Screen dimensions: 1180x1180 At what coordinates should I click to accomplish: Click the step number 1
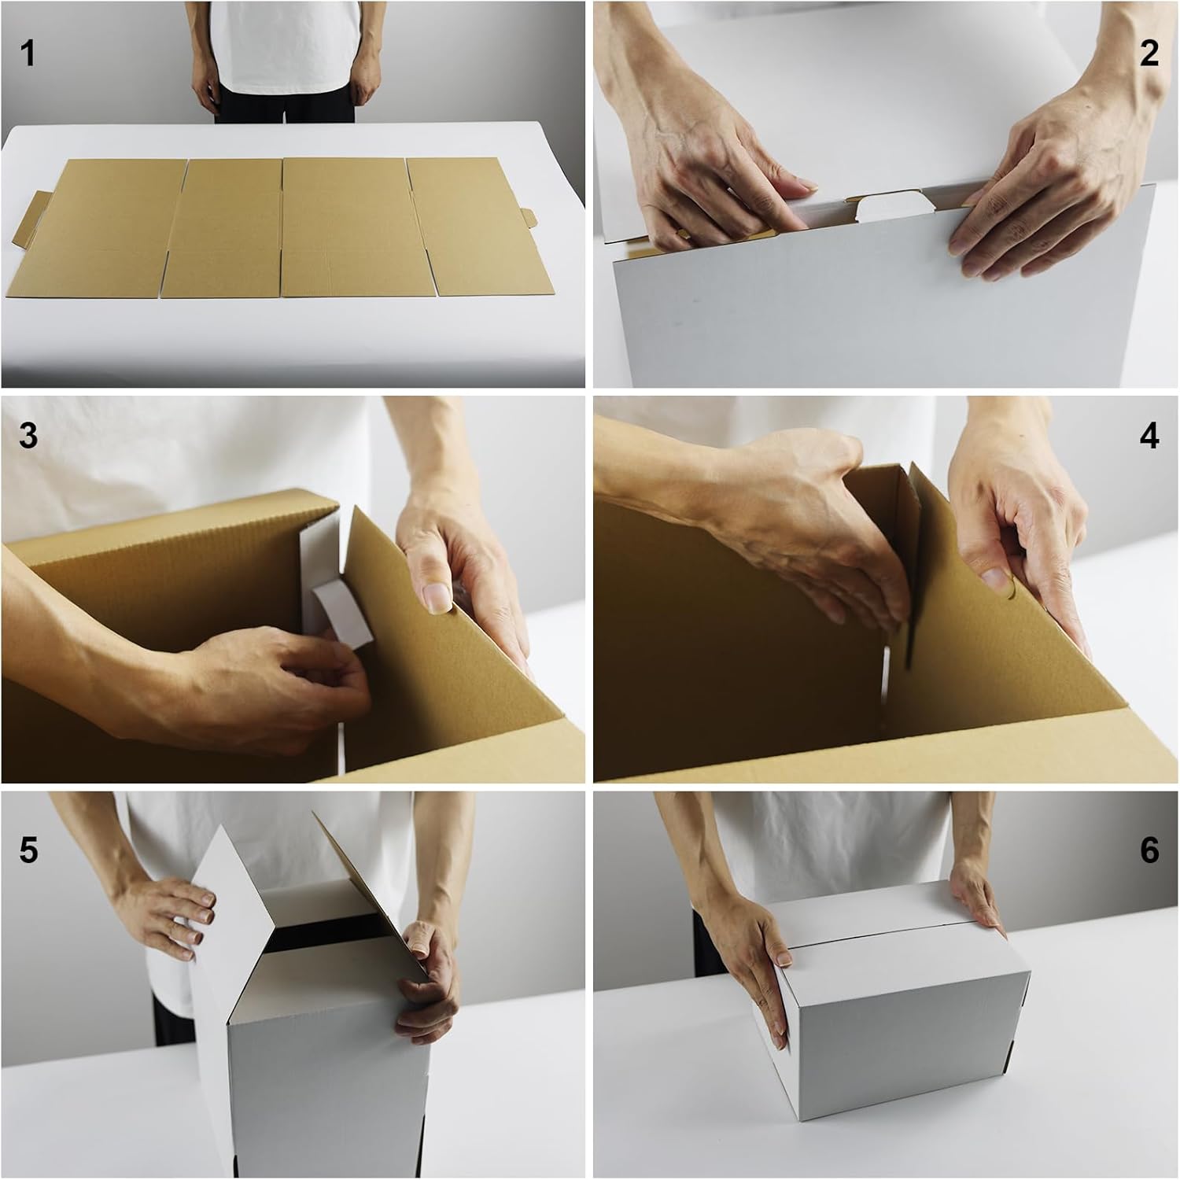coord(28,54)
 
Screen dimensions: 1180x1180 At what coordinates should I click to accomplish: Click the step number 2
coord(1149,53)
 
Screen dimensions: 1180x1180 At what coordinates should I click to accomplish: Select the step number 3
coord(28,435)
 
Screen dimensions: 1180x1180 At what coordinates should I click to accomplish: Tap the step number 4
coord(1149,435)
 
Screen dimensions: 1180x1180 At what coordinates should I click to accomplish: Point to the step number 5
coord(28,850)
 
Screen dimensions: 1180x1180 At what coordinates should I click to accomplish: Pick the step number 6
coord(1149,850)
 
